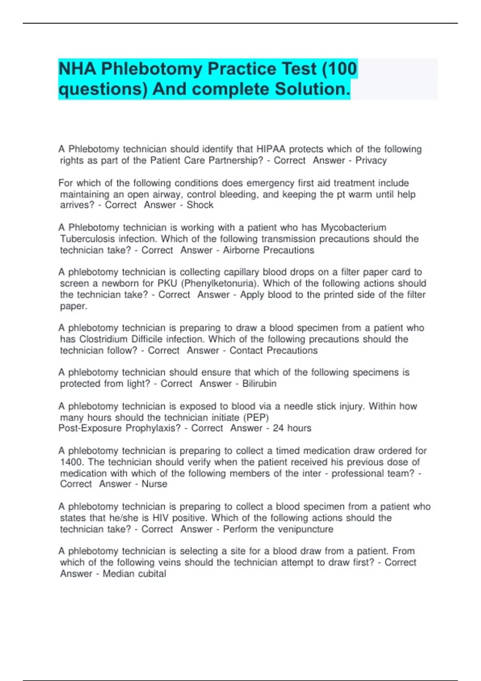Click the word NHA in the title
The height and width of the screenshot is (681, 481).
coord(77,69)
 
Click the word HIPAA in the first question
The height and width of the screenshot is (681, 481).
coord(271,149)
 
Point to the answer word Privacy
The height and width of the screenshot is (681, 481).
coord(371,161)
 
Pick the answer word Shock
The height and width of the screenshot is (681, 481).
coord(200,205)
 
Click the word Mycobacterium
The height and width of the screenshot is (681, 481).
coord(353,228)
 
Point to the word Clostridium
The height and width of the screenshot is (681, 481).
coord(104,339)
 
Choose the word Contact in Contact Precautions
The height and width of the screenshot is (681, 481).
coord(246,351)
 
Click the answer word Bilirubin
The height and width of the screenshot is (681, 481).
coord(259,384)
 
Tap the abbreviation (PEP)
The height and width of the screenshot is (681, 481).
coord(256,417)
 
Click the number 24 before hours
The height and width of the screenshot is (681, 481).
coord(278,428)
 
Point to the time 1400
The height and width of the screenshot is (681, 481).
coord(71,462)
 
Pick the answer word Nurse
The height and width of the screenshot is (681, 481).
coord(154,484)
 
